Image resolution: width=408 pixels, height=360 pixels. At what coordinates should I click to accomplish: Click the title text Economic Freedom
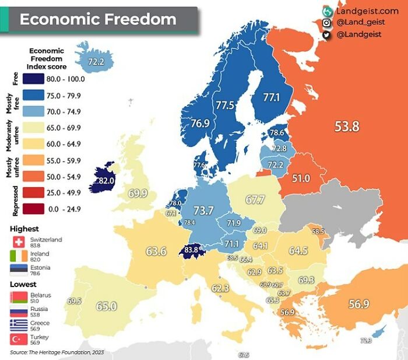coord(98,19)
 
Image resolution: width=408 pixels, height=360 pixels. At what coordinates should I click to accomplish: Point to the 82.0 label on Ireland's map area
coord(105,181)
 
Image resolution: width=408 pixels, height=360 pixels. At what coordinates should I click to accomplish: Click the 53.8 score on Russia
coord(346,126)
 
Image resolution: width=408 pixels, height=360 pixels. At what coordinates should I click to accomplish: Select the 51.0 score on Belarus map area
coord(301,178)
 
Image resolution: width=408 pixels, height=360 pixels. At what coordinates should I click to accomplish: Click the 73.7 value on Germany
coord(203,211)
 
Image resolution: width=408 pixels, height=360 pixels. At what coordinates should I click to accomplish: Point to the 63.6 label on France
coord(156,251)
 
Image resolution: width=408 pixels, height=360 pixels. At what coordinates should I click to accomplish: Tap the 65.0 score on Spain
coord(107,306)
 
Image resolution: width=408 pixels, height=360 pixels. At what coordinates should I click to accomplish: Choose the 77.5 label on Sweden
coord(224,106)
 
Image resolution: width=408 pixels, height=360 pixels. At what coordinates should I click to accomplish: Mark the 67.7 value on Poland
coord(255,200)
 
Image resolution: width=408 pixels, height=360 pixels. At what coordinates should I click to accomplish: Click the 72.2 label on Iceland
coord(96,61)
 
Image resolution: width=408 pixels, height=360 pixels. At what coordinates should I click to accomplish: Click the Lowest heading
coord(23,284)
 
